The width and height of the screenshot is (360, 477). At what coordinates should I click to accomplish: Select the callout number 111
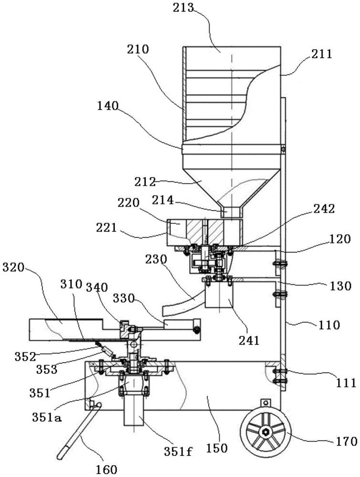coord(343,382)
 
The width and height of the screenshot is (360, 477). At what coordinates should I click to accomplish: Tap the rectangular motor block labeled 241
coord(219,303)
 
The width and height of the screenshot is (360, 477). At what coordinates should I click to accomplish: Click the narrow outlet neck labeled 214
coord(232,211)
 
